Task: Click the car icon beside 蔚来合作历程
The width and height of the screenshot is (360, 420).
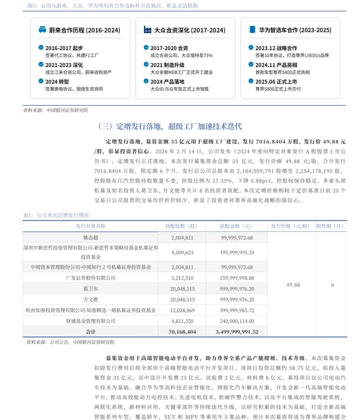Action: [43, 30]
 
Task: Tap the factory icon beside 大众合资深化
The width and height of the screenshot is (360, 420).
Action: [147, 30]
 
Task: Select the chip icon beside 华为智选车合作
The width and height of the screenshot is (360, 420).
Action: [252, 30]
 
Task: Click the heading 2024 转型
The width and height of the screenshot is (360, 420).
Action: [57, 81]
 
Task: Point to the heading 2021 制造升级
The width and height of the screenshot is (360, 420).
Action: [167, 65]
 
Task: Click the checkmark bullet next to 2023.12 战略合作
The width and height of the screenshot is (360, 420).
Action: [251, 48]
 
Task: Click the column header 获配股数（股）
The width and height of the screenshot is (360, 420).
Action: [182, 226]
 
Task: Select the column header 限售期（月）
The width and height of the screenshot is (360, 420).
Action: [331, 226]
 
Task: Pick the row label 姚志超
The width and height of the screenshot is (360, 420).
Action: [91, 238]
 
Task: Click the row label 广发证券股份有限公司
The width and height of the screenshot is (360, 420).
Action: [91, 278]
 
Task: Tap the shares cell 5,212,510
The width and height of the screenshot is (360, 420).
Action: [182, 278]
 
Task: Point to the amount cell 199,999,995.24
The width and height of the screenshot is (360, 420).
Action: [237, 253]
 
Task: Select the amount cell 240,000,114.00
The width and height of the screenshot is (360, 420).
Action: [237, 321]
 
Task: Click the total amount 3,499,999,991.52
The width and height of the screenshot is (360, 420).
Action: [237, 332]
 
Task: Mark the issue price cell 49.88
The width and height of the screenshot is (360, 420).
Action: [293, 285]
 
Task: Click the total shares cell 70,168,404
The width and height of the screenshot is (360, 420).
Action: [182, 332]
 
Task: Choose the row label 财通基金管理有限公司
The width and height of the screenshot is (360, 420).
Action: [91, 321]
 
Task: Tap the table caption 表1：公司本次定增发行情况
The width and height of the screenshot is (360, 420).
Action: [56, 215]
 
